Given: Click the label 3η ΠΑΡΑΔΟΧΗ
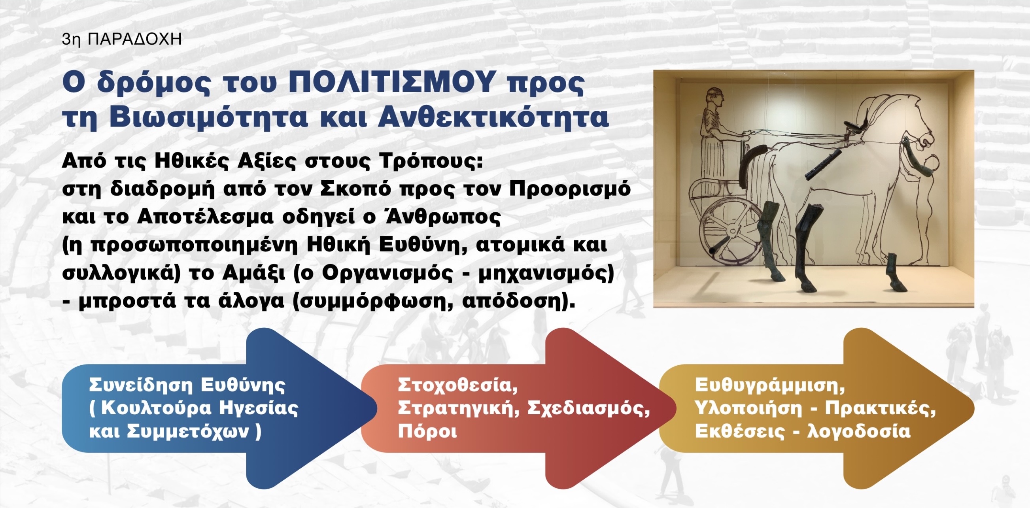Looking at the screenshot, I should [122, 39].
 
